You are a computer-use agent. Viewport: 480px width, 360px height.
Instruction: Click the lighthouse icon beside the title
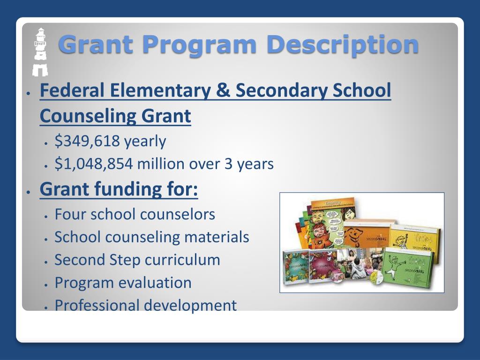(40, 51)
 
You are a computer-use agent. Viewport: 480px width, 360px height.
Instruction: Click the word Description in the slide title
(342, 45)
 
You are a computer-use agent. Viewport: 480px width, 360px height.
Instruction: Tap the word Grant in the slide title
(97, 45)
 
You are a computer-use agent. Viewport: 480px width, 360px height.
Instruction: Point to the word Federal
(71, 90)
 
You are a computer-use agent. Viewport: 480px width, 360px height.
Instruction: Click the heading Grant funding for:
(119, 189)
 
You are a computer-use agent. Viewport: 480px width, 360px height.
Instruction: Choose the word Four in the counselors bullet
(70, 214)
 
